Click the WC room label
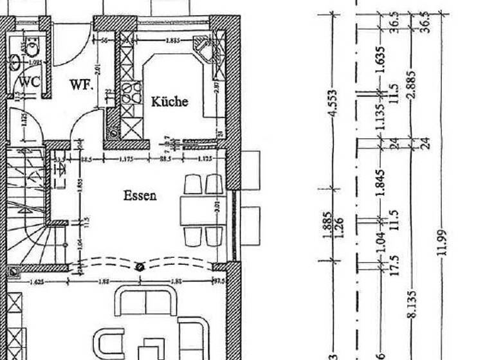29,82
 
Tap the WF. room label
82,84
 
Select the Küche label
169,101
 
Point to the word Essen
140,195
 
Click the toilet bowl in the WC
33,44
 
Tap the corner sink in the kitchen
206,49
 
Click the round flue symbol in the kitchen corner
114,134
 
